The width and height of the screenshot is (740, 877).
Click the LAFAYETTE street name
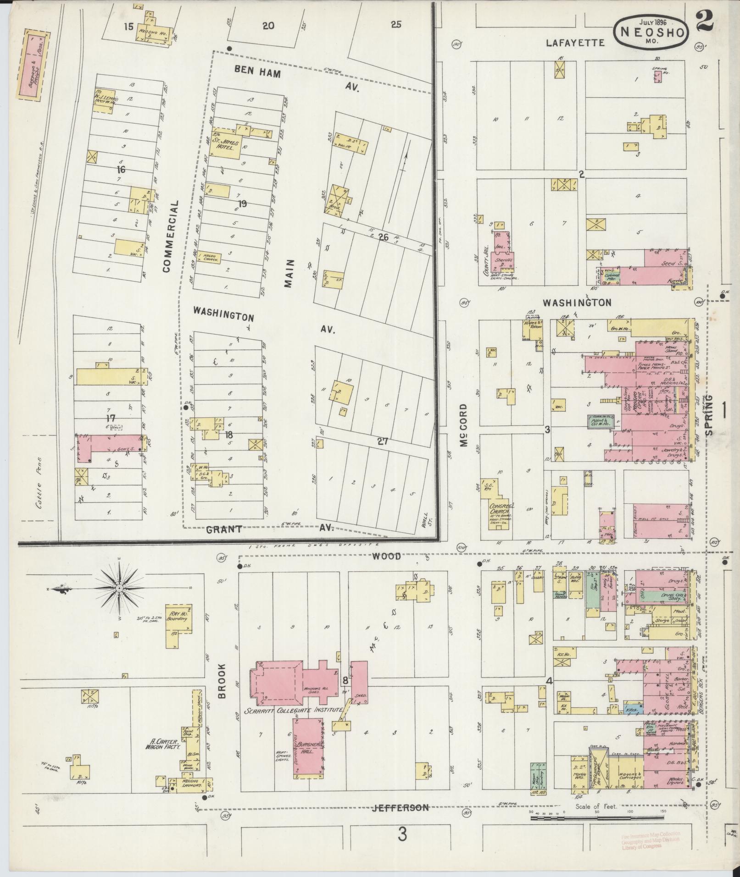575,43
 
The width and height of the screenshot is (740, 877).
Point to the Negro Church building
210,258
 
